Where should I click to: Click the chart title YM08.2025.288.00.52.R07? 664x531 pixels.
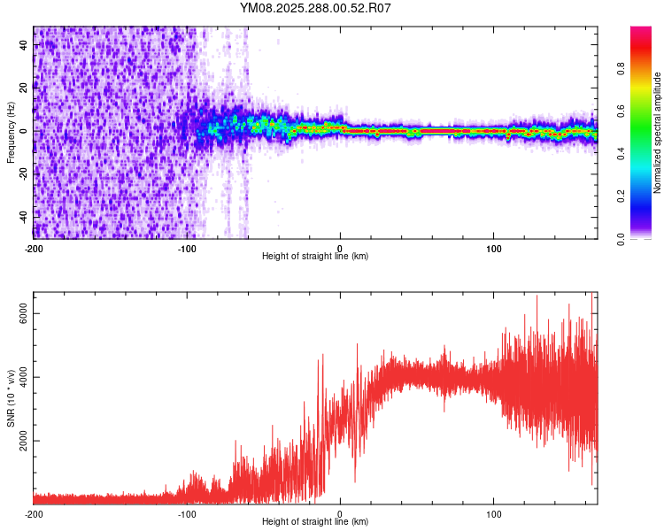315,8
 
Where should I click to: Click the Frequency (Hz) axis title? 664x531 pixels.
11,132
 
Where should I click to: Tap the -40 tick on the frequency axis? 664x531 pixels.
24,216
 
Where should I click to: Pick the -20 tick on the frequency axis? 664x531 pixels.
24,173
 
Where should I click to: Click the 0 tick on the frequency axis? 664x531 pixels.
24,131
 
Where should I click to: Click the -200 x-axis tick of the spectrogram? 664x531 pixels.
34,247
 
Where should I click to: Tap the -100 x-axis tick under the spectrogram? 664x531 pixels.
187,247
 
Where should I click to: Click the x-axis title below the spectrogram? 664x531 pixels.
315,257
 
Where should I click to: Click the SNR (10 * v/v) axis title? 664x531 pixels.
11,397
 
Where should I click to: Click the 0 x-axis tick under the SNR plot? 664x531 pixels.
341,513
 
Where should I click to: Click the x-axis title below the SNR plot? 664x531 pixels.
315,522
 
